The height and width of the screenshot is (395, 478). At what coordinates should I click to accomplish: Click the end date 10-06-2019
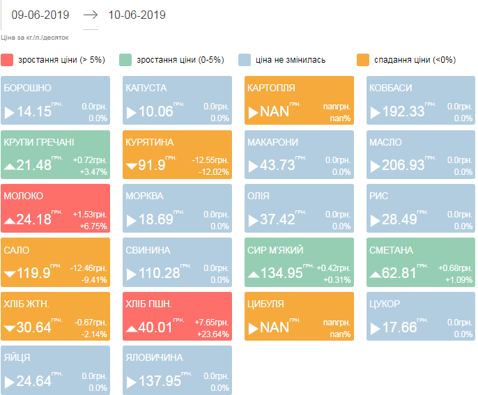[137, 15]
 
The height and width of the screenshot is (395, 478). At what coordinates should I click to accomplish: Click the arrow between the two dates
[91, 15]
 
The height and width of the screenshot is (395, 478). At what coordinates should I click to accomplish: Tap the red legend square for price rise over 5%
[7, 60]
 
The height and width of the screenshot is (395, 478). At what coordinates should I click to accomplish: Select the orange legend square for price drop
[362, 60]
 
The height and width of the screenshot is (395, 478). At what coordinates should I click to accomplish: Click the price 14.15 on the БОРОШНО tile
[34, 111]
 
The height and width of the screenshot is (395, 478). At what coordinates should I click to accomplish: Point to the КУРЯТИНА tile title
[150, 142]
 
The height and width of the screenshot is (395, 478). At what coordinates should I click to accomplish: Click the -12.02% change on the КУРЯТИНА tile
[215, 171]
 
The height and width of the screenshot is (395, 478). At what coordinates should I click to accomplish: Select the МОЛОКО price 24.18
[34, 219]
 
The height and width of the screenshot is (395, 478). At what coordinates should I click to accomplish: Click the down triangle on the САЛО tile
[10, 274]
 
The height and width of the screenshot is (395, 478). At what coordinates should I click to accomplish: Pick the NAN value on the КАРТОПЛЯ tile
[274, 111]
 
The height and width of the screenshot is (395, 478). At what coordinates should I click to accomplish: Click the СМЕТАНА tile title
[391, 250]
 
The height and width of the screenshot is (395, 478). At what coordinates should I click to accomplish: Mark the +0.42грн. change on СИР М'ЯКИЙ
[333, 268]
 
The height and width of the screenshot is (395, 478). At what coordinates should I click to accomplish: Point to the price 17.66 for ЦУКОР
[399, 327]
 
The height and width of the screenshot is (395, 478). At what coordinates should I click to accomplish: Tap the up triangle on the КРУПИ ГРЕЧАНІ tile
[10, 166]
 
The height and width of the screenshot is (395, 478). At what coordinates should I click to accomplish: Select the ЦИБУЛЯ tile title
[265, 304]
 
